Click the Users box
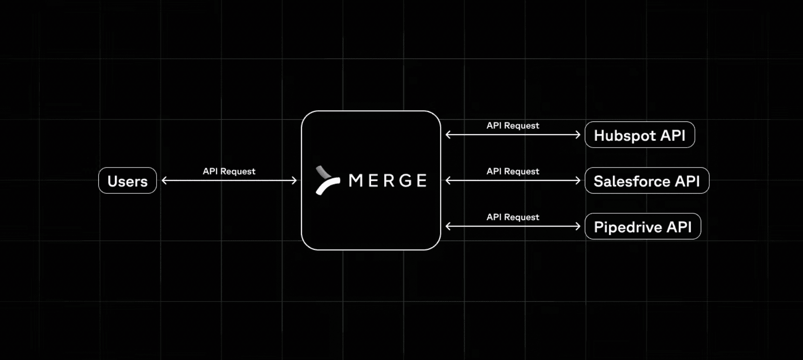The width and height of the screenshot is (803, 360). [127, 180]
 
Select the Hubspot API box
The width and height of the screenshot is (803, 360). [640, 135]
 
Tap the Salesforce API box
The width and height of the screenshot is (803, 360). [647, 180]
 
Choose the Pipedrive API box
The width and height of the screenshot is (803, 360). [643, 226]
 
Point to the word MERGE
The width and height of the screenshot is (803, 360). [388, 180]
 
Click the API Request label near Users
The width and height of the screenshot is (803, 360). [229, 171]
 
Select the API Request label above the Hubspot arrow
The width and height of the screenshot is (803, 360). [513, 125]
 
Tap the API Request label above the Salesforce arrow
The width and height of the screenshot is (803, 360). [513, 171]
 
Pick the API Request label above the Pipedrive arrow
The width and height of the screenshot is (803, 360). [513, 217]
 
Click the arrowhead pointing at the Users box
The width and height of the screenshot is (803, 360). [164, 180]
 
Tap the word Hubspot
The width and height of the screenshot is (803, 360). [625, 136]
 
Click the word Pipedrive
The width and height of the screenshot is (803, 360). [628, 227]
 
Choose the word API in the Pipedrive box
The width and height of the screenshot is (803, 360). [679, 227]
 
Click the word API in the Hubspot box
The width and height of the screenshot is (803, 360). [673, 135]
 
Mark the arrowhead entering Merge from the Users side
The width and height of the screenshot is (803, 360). [295, 180]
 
